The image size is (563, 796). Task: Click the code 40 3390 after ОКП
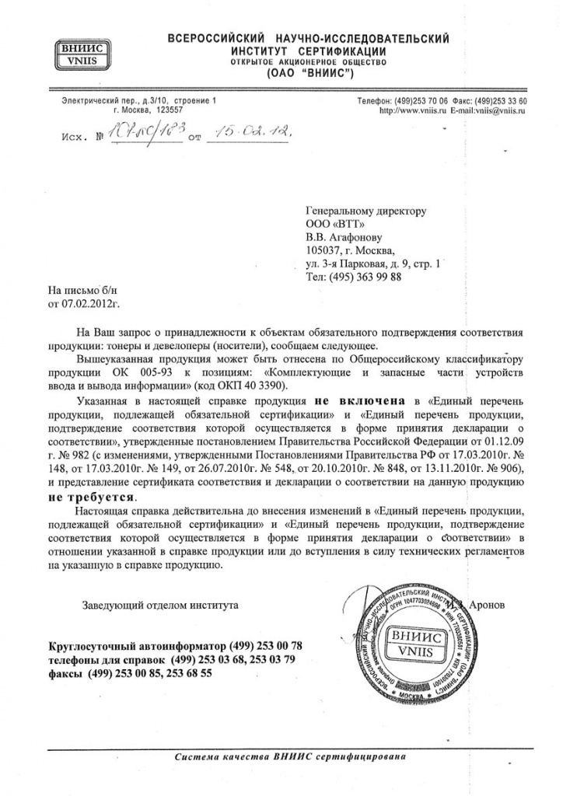coord(266,385)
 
